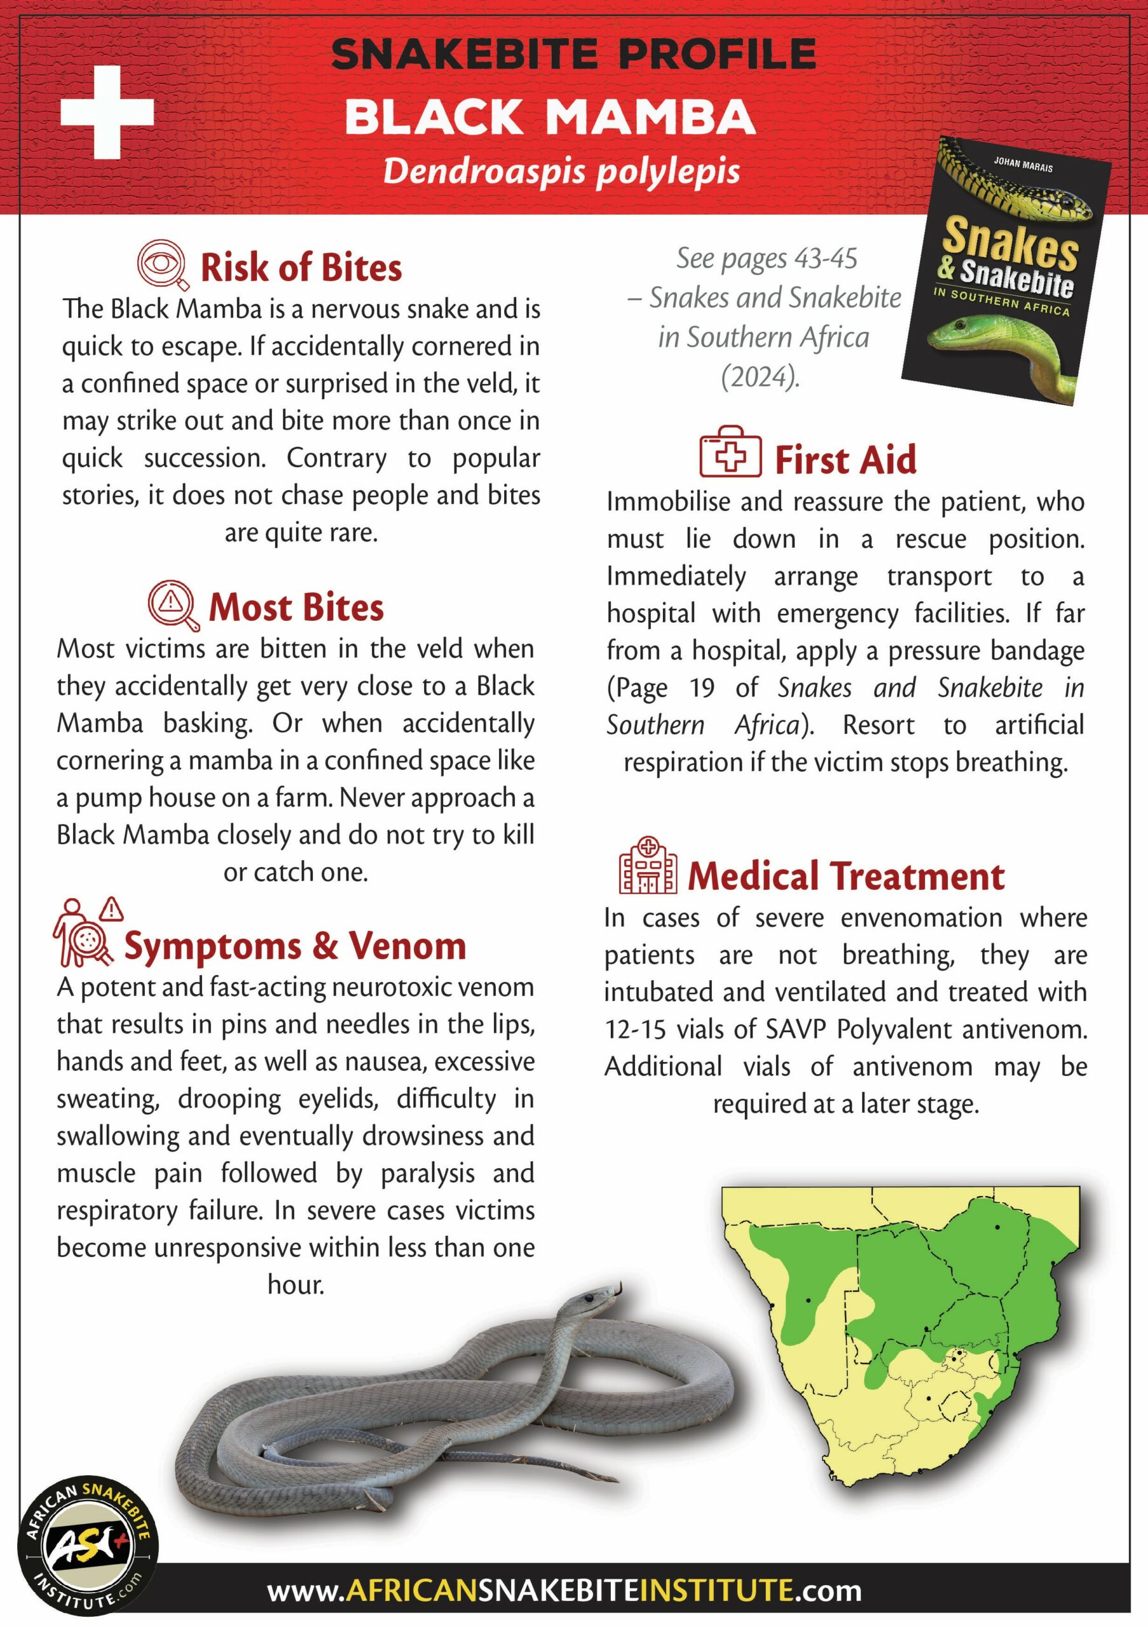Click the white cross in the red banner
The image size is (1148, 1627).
[107, 112]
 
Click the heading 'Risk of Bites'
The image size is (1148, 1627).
[301, 268]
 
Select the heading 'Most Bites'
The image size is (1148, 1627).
[296, 608]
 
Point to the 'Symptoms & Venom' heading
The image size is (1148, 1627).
[295, 946]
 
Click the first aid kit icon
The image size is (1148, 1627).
[730, 452]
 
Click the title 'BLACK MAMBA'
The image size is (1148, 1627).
[550, 117]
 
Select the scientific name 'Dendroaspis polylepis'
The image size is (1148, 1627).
[561, 172]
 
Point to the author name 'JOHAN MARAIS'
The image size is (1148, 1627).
[1023, 165]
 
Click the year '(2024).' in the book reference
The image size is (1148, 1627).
[760, 376]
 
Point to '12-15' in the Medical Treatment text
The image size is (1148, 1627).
[635, 1029]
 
